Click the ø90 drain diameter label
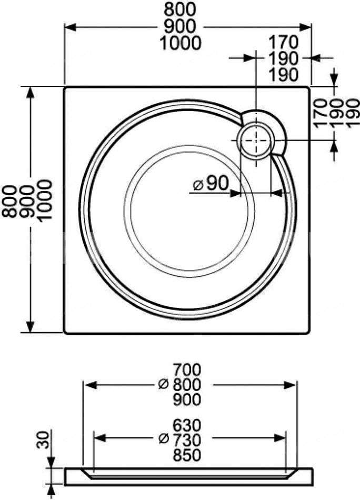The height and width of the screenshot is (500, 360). pos(212,184)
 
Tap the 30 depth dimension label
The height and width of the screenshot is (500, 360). pos(43,439)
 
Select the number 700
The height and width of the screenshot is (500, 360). pos(187,370)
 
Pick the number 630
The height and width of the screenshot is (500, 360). pos(187,425)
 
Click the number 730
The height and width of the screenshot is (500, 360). pos(187,441)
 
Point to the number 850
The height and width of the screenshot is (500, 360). pos(187,455)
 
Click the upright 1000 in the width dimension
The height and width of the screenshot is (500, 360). pos(181,43)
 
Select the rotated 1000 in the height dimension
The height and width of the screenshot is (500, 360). pos(44,200)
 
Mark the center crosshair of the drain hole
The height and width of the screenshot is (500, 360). pos(256,141)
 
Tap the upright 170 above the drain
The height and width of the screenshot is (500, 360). pos(284,42)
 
